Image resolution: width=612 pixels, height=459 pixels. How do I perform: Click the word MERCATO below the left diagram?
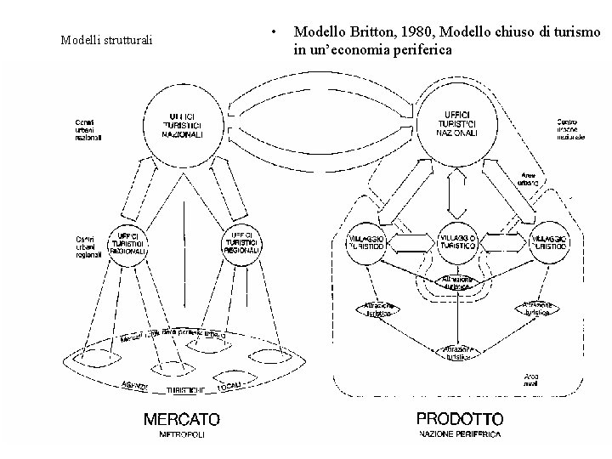pyautogui.click(x=181, y=418)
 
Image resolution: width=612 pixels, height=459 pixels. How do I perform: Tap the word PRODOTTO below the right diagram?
pyautogui.click(x=459, y=418)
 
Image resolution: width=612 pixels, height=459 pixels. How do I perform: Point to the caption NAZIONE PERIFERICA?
pyautogui.click(x=459, y=434)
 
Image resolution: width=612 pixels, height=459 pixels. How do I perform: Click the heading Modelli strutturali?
pyautogui.click(x=107, y=40)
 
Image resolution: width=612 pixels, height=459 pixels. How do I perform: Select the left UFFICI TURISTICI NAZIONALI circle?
pyautogui.click(x=184, y=126)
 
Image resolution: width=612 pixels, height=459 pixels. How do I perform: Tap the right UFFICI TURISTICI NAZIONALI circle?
pyautogui.click(x=456, y=124)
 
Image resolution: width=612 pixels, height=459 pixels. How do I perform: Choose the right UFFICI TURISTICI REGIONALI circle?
pyautogui.click(x=241, y=242)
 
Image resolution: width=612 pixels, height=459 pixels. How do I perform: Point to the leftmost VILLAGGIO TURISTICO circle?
pyautogui.click(x=366, y=241)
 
